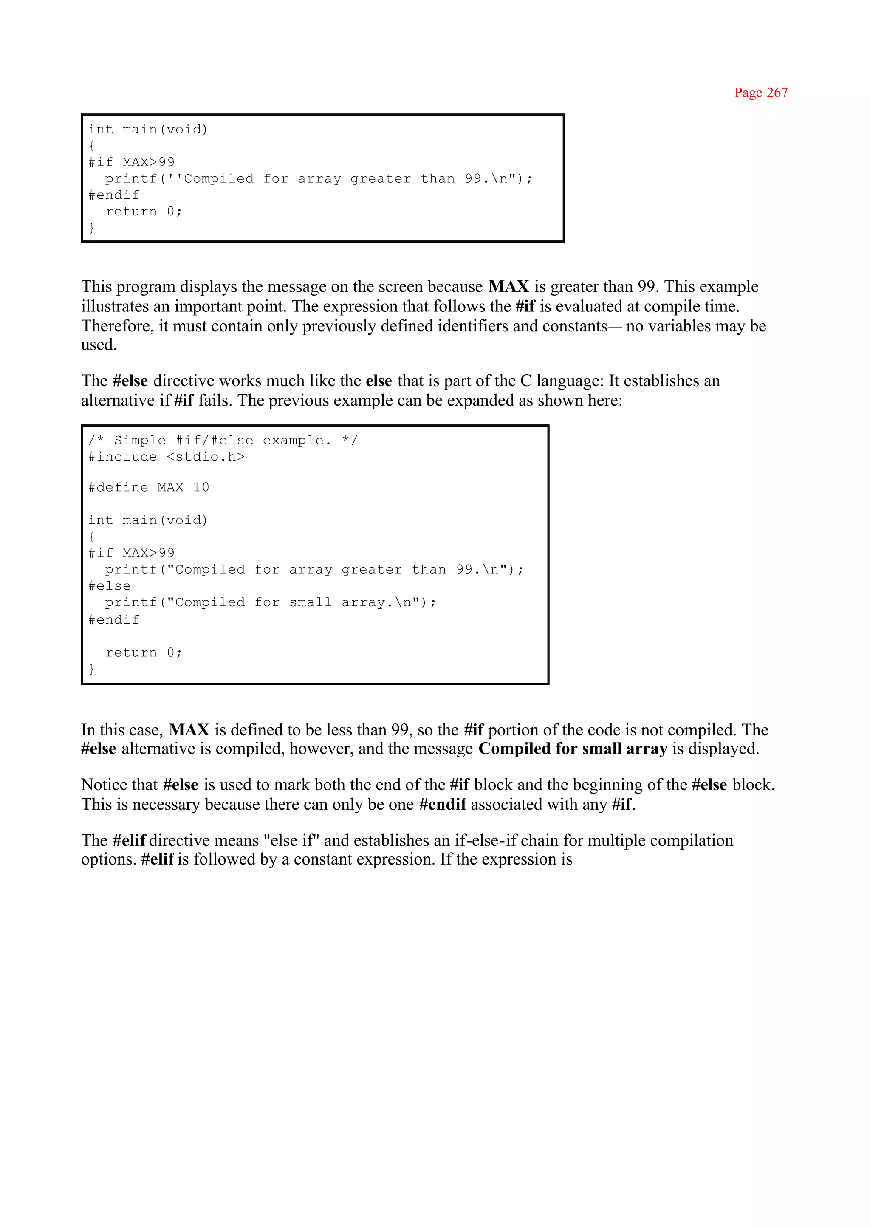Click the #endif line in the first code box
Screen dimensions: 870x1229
tap(113, 195)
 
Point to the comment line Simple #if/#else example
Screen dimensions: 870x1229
tap(222, 441)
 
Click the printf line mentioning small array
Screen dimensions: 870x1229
tap(271, 603)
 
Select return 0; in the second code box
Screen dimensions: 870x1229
tap(144, 653)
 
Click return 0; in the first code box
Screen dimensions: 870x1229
tap(144, 212)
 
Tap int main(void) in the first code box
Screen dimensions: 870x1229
tap(148, 130)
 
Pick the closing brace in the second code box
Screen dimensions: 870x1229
tap(92, 669)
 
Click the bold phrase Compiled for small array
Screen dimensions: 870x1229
tap(573, 749)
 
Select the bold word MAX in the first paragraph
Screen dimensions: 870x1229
tap(508, 287)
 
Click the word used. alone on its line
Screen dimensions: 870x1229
tap(99, 345)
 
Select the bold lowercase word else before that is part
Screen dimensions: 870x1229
tap(379, 381)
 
